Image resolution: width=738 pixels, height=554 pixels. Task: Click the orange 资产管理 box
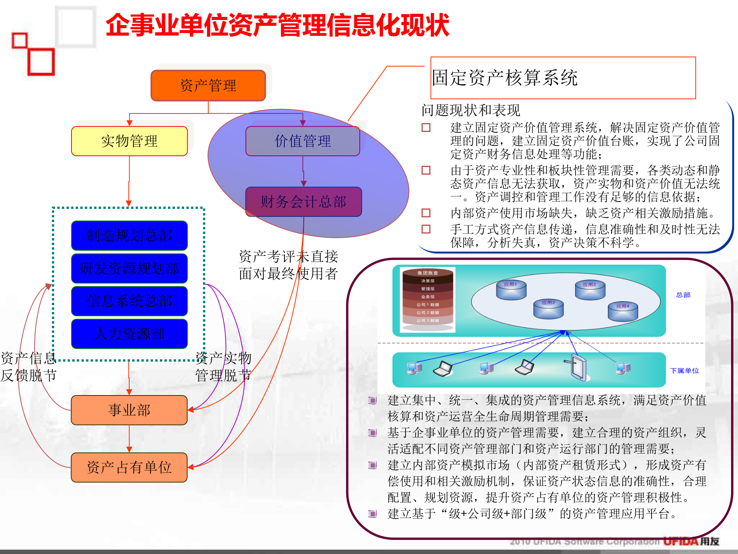tap(208, 85)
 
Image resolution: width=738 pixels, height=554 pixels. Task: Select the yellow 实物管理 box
tap(129, 141)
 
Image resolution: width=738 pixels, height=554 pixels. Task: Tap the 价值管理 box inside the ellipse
tap(303, 141)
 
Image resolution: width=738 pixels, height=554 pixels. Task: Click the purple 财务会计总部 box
tap(303, 202)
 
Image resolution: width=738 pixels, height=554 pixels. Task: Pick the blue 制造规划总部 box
tap(129, 235)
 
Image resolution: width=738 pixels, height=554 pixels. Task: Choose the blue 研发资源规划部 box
tap(129, 268)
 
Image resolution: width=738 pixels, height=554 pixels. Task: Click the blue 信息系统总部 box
tap(129, 301)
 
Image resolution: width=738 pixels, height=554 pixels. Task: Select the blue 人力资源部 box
tap(129, 334)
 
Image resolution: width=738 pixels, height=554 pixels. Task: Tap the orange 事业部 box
tap(129, 410)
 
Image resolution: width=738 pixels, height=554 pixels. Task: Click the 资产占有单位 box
tap(129, 467)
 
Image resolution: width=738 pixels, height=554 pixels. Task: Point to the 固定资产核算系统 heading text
tap(504, 78)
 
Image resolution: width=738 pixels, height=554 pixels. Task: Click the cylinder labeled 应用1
tap(511, 290)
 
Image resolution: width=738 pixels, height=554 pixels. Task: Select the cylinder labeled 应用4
tap(623, 312)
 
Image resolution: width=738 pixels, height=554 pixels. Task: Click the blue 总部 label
tap(683, 295)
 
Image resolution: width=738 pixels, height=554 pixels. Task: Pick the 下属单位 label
tap(684, 371)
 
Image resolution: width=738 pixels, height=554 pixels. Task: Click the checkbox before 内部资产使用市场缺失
tap(426, 213)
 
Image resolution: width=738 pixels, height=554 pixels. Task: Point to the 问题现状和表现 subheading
tap(470, 110)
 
